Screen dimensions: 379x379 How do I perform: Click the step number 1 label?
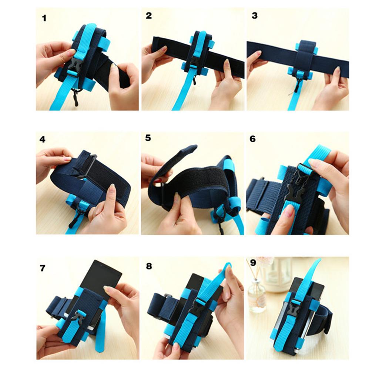click(44, 19)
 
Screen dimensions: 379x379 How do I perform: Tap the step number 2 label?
click(149, 16)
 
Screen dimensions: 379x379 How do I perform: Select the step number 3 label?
click(255, 16)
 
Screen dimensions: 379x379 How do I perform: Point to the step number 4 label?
click(42, 140)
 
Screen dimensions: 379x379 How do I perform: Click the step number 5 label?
click(148, 138)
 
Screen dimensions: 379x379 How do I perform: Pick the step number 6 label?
click(252, 139)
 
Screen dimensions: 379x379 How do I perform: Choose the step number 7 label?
click(43, 268)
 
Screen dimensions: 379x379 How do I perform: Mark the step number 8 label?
click(149, 266)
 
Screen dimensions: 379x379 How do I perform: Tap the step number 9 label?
click(253, 262)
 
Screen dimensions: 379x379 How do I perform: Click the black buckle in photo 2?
click(194, 65)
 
